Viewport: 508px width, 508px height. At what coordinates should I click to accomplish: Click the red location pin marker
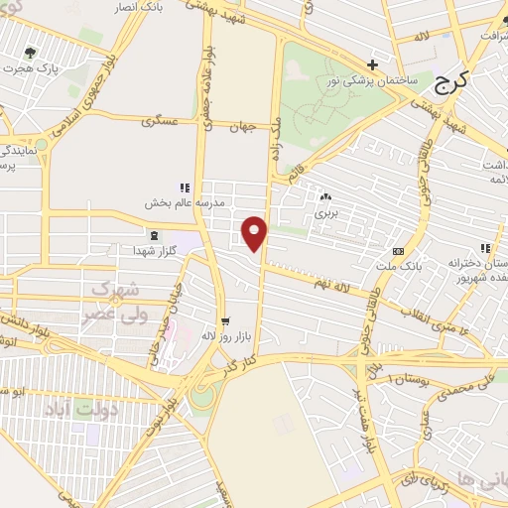pos(256,232)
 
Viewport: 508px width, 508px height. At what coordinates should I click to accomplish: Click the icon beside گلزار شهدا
pos(153,235)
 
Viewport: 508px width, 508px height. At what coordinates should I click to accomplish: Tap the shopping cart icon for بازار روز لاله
pos(226,320)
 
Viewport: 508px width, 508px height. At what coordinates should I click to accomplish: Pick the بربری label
pos(326,212)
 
